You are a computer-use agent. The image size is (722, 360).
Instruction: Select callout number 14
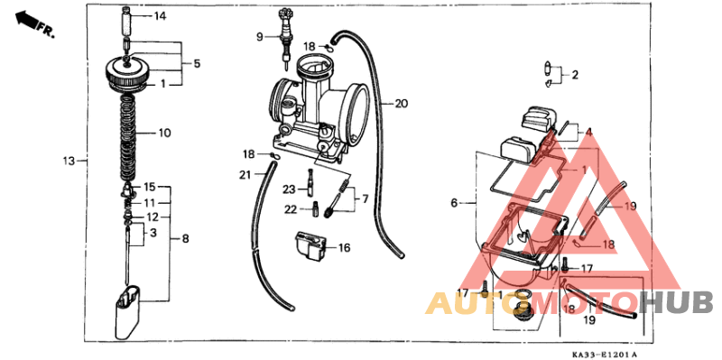pyautogui.click(x=160, y=16)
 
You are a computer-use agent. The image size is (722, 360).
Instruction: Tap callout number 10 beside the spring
pyautogui.click(x=163, y=134)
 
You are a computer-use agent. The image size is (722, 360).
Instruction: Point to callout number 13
pyautogui.click(x=68, y=162)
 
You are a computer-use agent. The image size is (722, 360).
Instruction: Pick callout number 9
pyautogui.click(x=258, y=37)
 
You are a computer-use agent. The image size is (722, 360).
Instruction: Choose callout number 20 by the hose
pyautogui.click(x=401, y=104)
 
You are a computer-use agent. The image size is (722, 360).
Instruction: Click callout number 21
pyautogui.click(x=245, y=173)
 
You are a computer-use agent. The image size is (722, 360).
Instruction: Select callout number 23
pyautogui.click(x=288, y=189)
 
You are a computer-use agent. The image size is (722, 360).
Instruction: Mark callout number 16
pyautogui.click(x=344, y=246)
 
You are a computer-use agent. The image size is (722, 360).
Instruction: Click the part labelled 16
pyautogui.click(x=309, y=246)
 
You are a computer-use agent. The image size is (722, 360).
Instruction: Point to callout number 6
pyautogui.click(x=454, y=204)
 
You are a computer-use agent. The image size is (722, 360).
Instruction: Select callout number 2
pyautogui.click(x=574, y=75)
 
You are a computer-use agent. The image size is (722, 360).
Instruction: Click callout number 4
pyautogui.click(x=588, y=133)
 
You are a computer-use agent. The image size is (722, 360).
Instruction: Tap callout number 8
pyautogui.click(x=185, y=239)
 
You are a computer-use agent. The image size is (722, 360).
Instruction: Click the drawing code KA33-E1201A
pyautogui.click(x=603, y=355)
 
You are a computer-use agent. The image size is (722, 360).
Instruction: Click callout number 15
pyautogui.click(x=151, y=186)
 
